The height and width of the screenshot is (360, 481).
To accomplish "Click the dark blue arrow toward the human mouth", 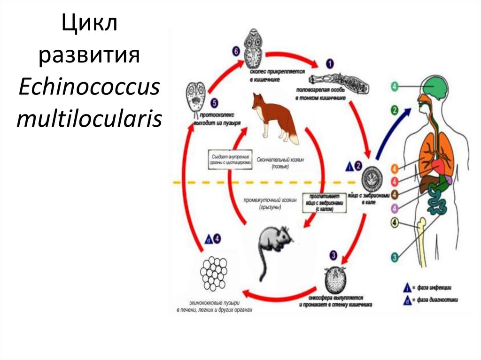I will click(392, 134).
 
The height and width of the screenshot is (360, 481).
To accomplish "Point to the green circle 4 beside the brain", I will click(395, 86).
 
